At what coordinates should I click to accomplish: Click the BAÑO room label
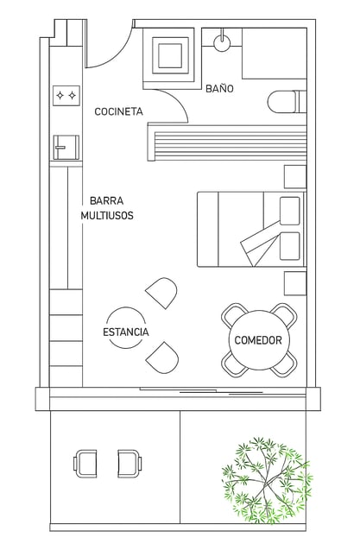[x=219, y=88]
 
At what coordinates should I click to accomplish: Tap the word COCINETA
[x=118, y=111]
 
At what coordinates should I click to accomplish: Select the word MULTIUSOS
[x=107, y=216]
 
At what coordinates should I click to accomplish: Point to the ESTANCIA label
[x=126, y=332]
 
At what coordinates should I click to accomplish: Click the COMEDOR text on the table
[x=258, y=340]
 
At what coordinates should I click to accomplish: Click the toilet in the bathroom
[x=287, y=101]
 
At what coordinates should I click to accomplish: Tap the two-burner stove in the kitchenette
[x=66, y=95]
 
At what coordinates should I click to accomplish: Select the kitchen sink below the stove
[x=66, y=148]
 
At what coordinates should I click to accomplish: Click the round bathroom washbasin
[x=222, y=43]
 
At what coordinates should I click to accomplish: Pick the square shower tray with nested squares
[x=170, y=55]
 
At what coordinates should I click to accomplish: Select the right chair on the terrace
[x=129, y=464]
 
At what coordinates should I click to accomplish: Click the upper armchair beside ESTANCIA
[x=162, y=293]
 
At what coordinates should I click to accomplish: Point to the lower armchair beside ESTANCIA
[x=163, y=357]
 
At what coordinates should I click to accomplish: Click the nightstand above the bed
[x=295, y=177]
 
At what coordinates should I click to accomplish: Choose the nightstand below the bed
[x=295, y=283]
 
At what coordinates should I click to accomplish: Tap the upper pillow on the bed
[x=289, y=211]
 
